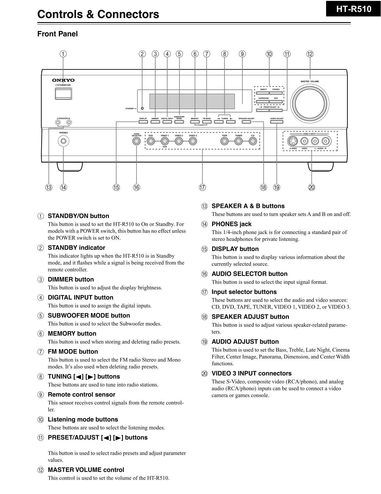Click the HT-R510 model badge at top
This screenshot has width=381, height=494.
tap(354, 9)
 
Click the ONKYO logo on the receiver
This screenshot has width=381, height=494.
tap(63, 80)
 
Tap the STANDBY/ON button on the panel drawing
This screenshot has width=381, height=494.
tap(63, 93)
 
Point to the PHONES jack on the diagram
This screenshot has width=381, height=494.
tap(63, 141)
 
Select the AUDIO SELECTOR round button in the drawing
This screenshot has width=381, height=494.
tap(136, 141)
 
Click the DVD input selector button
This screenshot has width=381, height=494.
tap(151, 141)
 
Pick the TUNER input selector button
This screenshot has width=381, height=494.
tap(238, 141)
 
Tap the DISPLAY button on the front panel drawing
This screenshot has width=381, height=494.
tap(143, 122)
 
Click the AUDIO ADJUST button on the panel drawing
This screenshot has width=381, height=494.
tap(277, 122)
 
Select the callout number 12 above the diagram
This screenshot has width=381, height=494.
tap(310, 54)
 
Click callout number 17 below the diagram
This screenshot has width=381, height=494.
tap(202, 187)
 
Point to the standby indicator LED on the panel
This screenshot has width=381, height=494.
tap(142, 108)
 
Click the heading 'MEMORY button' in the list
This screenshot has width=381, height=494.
tap(72, 334)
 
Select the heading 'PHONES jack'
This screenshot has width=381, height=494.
tap(231, 224)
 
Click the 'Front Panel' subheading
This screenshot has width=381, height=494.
tap(57, 34)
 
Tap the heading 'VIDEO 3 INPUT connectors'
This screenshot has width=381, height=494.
tap(251, 373)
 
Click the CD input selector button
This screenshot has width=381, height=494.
tap(253, 141)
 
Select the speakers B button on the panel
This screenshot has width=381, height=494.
tap(69, 122)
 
